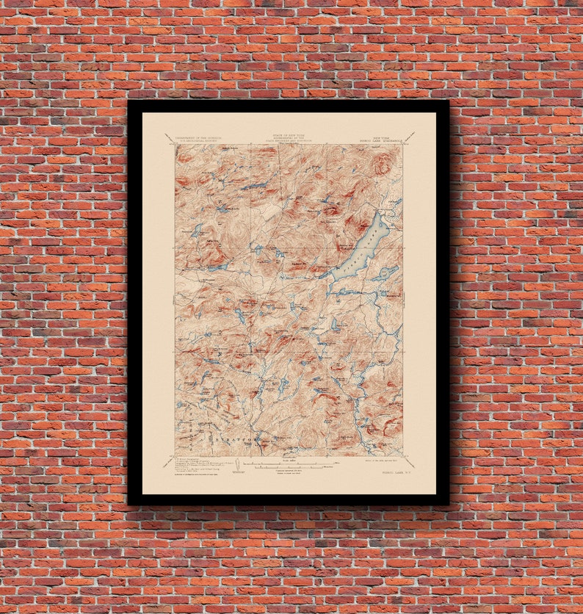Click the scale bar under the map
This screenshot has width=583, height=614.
pyautogui.click(x=289, y=463)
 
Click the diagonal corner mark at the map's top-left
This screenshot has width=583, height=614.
pyautogui.click(x=169, y=137)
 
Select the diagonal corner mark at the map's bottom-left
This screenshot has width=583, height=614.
pyautogui.click(x=169, y=462)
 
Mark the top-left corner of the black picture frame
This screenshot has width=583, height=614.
pyautogui.click(x=128, y=101)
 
